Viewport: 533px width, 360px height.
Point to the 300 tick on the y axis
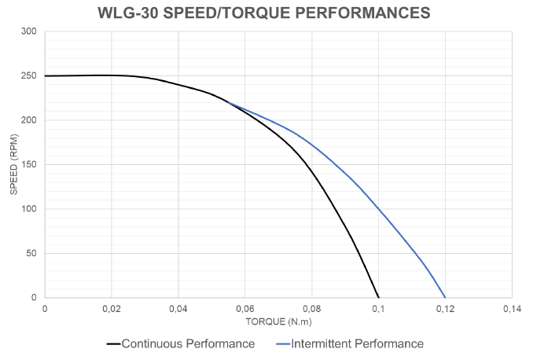(29, 31)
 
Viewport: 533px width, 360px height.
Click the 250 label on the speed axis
(29, 76)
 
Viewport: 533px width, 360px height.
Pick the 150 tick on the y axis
(29, 165)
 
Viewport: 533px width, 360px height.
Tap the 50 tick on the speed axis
(31, 254)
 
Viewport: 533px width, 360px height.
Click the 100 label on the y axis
(29, 209)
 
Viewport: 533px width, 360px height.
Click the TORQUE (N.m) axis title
(278, 322)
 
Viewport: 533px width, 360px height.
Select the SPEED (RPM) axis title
(14, 165)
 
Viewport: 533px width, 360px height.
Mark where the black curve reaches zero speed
(378, 297)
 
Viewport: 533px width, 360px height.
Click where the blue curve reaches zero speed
(445, 297)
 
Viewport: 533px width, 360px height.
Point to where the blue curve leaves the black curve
(226, 101)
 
